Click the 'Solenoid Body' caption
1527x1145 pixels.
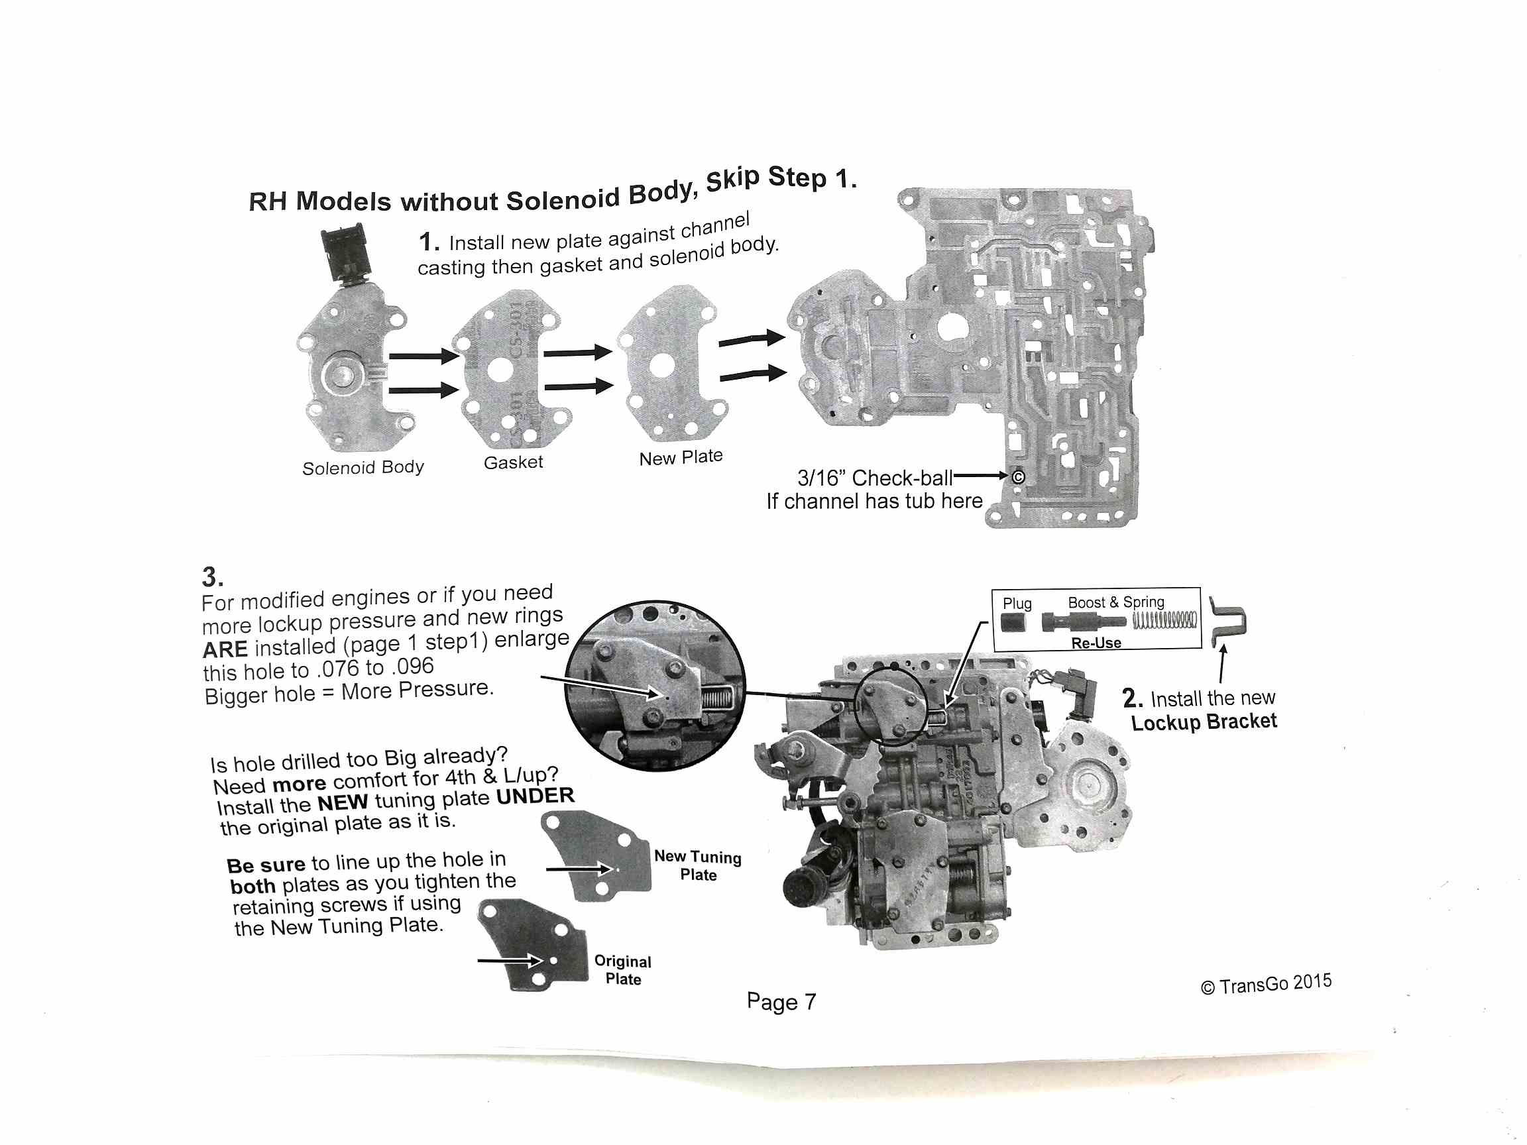point(363,467)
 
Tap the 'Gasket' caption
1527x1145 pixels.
point(513,462)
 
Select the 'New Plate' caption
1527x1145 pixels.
point(681,457)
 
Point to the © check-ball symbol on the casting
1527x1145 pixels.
point(1018,477)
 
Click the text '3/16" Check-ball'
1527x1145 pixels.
point(874,478)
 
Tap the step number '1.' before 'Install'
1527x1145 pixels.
point(428,243)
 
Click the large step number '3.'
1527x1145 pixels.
point(213,576)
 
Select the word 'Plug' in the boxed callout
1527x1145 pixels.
point(1017,603)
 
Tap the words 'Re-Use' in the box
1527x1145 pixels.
point(1096,643)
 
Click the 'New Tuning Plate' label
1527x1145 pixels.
point(698,865)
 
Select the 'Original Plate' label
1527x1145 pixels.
point(623,969)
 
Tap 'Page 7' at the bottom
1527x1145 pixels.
point(781,1001)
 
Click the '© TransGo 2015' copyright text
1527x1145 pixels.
point(1265,984)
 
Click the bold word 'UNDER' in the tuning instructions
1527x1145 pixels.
point(535,796)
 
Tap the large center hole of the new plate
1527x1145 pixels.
point(661,366)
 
